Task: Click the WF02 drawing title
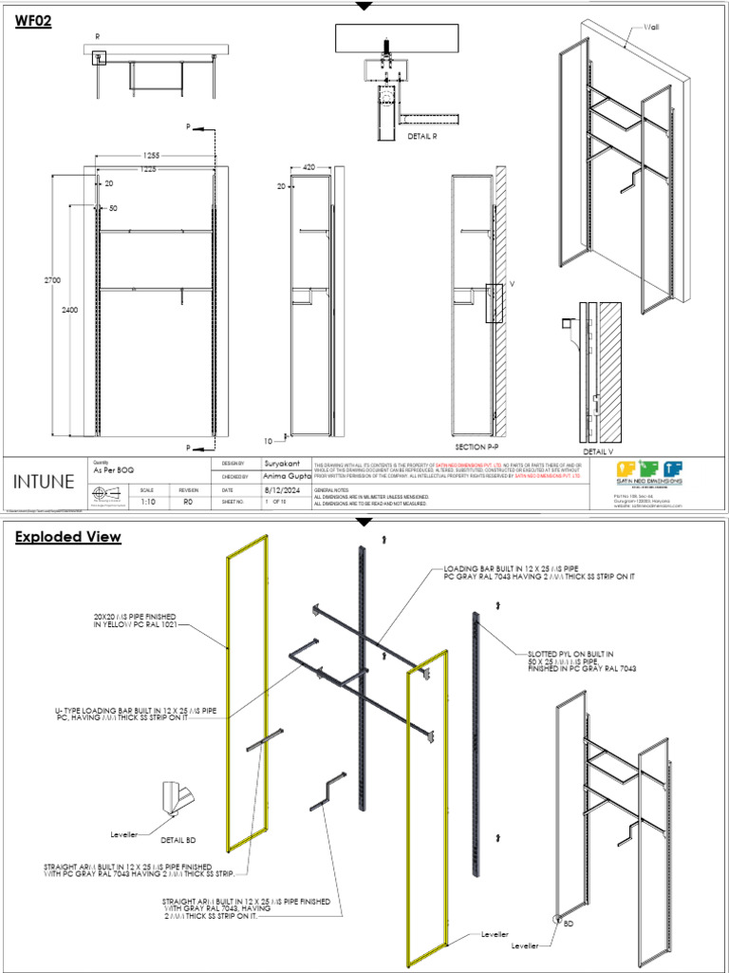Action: tap(33, 24)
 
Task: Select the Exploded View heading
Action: tap(67, 537)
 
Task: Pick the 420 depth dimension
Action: tap(308, 166)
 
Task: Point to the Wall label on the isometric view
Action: tap(651, 29)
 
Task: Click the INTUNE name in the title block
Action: tap(44, 481)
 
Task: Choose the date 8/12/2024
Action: tap(283, 489)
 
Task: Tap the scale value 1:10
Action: tap(148, 501)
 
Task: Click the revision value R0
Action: tap(187, 501)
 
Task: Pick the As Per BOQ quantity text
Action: tap(110, 470)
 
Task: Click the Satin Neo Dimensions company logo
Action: tap(649, 468)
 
